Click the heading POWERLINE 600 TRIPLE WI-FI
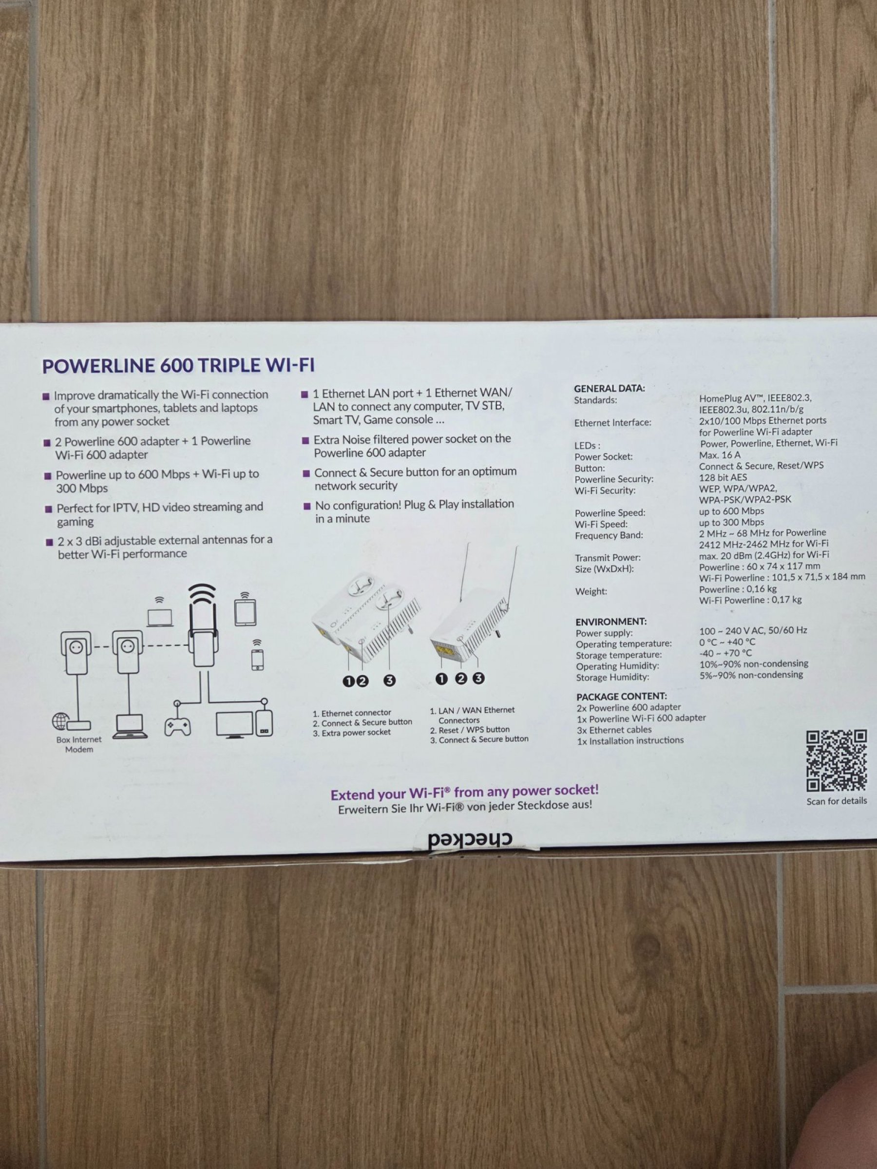(178, 366)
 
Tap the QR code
(836, 760)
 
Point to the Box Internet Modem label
(79, 744)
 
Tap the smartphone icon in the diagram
(257, 659)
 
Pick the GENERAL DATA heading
(610, 388)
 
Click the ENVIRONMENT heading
(611, 622)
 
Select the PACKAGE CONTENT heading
(622, 697)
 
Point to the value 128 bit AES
(723, 477)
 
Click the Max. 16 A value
(720, 454)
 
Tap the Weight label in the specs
(591, 591)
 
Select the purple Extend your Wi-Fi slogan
(465, 792)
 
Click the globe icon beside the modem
(60, 721)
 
